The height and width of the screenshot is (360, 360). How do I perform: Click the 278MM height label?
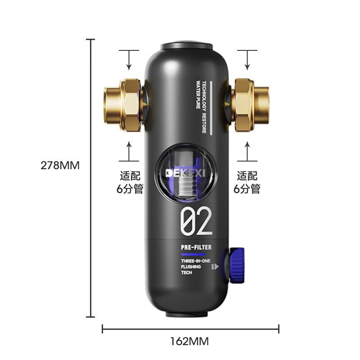coord(60,165)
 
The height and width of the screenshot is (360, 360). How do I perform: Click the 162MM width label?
coord(189,341)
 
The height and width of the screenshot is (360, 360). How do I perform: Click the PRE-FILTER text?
coord(196,247)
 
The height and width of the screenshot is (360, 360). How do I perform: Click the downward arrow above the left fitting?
coord(129,61)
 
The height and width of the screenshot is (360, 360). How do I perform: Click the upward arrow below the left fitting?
coord(129,151)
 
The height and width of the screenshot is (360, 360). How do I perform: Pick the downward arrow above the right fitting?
coord(247,61)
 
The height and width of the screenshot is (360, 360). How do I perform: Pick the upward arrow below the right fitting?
coord(247,151)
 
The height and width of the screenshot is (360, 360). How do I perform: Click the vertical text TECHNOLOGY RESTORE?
coord(204,107)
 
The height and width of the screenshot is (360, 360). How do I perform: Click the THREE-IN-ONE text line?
coord(195,261)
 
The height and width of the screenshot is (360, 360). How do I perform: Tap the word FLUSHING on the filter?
coord(190,267)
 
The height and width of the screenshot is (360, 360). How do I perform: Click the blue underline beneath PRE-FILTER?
coord(193,254)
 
